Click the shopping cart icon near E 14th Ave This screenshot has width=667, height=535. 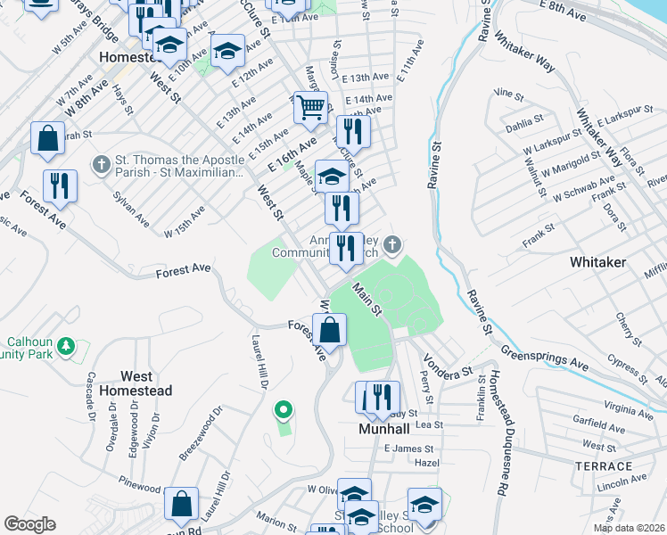click(x=310, y=109)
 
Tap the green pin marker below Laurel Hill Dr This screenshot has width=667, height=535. click(x=284, y=410)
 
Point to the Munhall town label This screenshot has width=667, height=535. click(x=383, y=429)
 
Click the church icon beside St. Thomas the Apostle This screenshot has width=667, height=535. click(x=102, y=165)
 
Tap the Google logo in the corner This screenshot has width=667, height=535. click(x=29, y=524)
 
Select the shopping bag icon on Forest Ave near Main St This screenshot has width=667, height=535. click(x=330, y=329)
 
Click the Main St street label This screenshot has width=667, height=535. click(x=366, y=298)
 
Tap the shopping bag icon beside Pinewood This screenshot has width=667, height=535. click(x=182, y=503)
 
